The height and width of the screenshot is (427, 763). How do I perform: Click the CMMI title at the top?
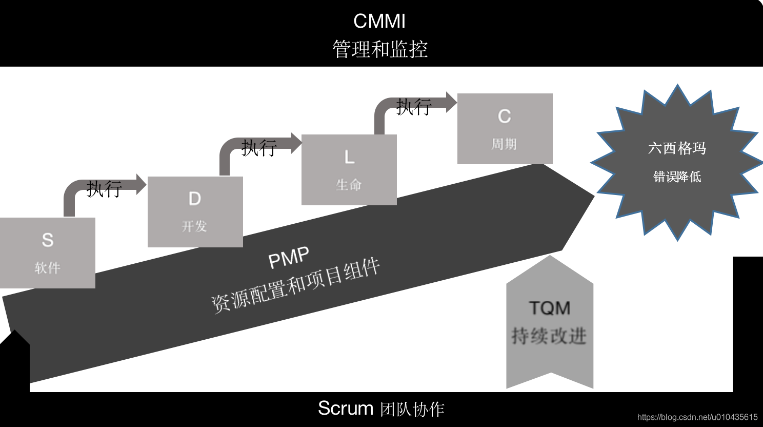click(379, 22)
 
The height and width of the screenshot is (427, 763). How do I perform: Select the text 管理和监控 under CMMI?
click(379, 49)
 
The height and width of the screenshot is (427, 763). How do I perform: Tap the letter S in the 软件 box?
click(48, 240)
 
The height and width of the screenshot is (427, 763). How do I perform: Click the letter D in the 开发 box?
click(195, 199)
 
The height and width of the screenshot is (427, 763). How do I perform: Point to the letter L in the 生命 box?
click(349, 157)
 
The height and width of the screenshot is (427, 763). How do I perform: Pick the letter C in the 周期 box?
click(505, 117)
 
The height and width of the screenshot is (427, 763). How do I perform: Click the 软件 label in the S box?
click(48, 267)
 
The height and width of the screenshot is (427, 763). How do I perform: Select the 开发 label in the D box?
click(195, 226)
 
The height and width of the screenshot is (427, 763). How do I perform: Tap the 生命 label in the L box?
click(349, 185)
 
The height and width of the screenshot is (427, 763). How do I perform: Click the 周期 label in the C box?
click(505, 144)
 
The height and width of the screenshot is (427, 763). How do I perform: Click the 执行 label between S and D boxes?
click(104, 189)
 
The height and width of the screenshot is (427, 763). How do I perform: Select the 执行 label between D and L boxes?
click(259, 148)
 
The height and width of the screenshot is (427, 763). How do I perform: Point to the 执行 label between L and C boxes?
click(414, 107)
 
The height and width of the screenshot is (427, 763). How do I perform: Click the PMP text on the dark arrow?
click(289, 258)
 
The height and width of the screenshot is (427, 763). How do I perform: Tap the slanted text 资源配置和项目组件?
click(295, 285)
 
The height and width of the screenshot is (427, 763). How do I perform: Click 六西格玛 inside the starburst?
click(677, 148)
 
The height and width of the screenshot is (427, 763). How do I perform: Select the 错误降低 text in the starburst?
click(677, 177)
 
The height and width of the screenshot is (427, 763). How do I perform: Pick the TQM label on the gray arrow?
click(550, 308)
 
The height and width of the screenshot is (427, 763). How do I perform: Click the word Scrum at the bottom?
click(346, 409)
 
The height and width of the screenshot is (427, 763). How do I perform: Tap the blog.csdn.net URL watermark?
click(697, 417)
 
